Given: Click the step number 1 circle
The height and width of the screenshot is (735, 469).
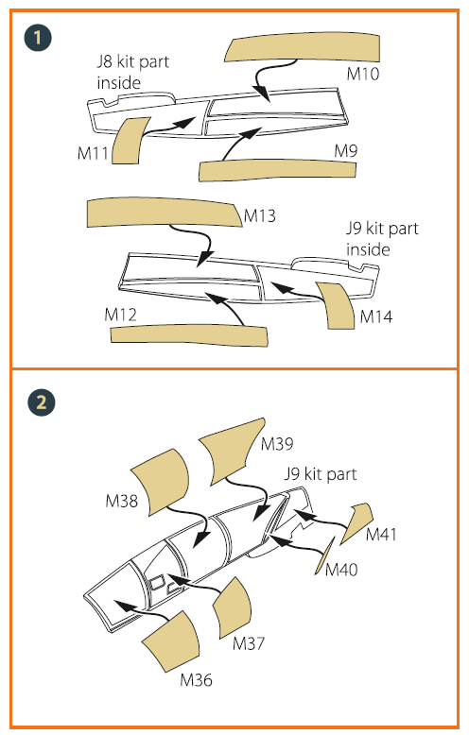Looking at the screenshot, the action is click(37, 39).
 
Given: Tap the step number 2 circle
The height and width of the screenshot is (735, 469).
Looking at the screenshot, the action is click(41, 402).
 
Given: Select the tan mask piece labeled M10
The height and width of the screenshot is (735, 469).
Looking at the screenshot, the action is click(303, 48).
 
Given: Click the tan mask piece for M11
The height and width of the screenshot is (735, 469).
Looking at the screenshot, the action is click(130, 140).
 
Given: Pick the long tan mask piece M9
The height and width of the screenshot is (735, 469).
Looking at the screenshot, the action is click(278, 170).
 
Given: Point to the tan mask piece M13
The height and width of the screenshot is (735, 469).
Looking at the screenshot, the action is click(165, 213).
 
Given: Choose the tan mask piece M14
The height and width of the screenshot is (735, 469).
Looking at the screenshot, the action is click(337, 305).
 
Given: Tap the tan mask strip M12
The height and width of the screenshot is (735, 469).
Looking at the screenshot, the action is click(189, 336).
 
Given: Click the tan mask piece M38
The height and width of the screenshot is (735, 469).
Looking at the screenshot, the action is click(160, 483).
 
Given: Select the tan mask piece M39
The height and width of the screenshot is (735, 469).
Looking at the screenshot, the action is click(231, 450).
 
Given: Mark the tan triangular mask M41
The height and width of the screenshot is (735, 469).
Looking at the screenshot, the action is click(357, 521).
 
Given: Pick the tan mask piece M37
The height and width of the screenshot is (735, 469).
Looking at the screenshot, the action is click(233, 607).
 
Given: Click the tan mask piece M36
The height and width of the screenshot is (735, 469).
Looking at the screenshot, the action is click(172, 641).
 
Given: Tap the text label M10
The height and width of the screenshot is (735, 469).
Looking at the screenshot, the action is click(363, 74).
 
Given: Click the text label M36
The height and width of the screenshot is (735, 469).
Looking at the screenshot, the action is click(196, 679).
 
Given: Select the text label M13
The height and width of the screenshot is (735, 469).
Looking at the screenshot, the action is click(260, 216).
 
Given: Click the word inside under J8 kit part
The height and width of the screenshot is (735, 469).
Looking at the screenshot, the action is click(118, 82).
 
